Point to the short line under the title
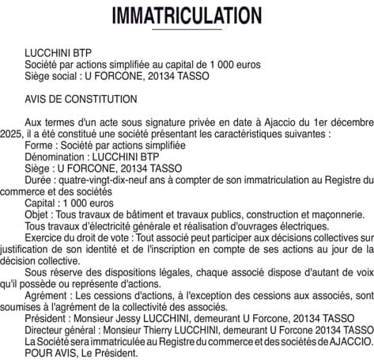click(187, 29)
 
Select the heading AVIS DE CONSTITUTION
click(81, 99)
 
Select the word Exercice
click(47, 237)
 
